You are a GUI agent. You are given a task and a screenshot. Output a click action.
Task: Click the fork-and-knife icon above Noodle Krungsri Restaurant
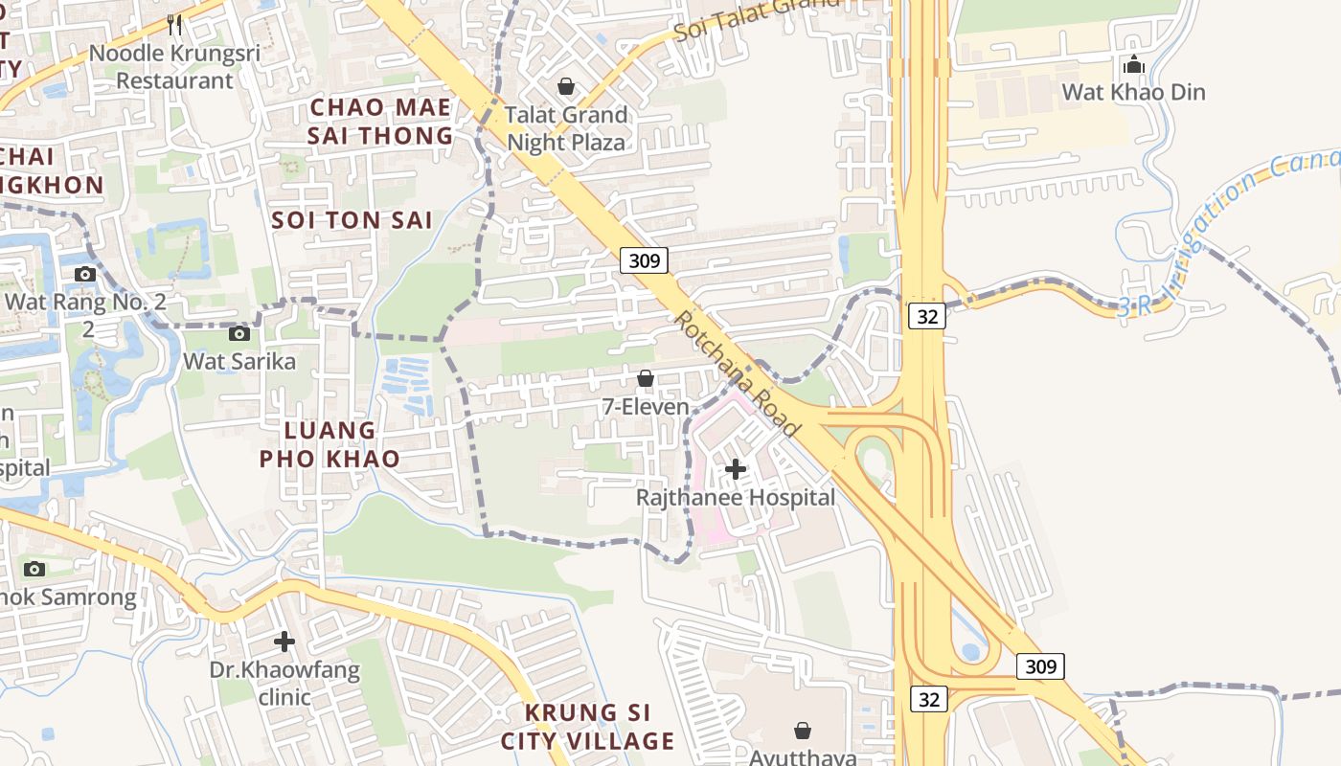pos(173,24)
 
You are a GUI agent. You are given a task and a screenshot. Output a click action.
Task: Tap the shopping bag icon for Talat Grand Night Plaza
pos(566,87)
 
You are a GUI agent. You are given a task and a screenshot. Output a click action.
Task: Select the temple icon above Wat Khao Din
pos(1134,65)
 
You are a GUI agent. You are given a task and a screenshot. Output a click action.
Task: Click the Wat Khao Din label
pos(1134,93)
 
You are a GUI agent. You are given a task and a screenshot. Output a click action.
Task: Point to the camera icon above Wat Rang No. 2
pos(85,275)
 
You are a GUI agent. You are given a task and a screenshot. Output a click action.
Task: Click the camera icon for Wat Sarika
pos(239,333)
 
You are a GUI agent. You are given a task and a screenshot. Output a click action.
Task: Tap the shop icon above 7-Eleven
pos(646,378)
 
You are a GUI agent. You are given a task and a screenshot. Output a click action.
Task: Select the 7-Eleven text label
pos(646,407)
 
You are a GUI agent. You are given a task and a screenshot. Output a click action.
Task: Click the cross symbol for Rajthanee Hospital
pos(736,469)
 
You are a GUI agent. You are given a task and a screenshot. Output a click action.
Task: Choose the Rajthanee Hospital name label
pos(736,498)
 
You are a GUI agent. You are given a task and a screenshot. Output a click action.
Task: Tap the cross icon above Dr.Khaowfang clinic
pos(284,641)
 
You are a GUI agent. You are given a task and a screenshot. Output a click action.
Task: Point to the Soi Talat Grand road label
pos(757,19)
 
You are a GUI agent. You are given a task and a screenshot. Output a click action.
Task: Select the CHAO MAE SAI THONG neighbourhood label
pos(380,122)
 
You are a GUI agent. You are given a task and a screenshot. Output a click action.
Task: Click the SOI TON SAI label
pos(352,220)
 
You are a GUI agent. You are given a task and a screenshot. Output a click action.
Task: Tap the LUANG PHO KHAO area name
pos(330,444)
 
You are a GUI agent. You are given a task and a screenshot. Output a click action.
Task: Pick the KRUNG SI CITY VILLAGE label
pos(587,727)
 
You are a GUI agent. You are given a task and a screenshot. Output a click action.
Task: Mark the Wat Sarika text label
pos(239,362)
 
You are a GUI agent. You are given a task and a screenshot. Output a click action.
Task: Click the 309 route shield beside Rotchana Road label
pos(644,259)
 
